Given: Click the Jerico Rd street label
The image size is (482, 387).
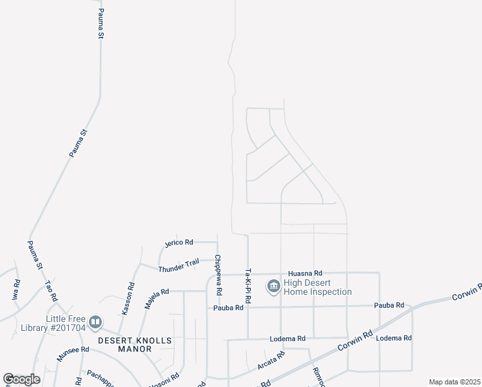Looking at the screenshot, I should [178, 243].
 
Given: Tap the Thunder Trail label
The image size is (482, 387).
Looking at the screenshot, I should [178, 264].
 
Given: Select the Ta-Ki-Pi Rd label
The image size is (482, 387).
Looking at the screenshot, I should [247, 288].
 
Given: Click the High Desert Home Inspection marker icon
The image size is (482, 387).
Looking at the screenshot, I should [273, 285].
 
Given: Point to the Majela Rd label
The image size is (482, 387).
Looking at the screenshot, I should [157, 299].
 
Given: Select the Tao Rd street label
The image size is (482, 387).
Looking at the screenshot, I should [52, 291].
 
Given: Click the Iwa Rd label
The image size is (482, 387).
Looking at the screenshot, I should [16, 286].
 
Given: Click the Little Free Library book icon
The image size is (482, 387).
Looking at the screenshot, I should [95, 321].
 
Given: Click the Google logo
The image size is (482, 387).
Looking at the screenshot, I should [21, 379].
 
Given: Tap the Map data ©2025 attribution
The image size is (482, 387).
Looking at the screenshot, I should [454, 382].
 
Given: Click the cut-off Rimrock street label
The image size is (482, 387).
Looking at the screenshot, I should [318, 377].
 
